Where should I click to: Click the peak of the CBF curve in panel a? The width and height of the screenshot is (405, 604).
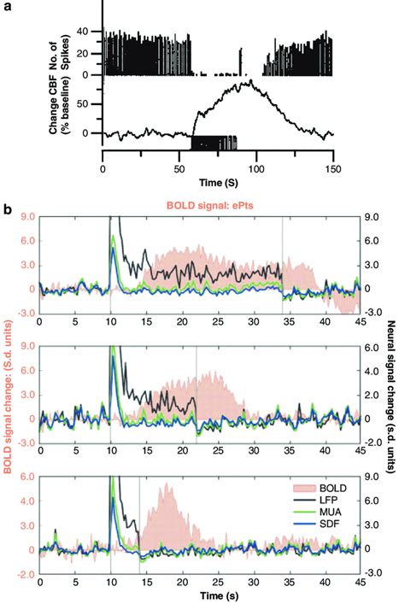click(x=249, y=81)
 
